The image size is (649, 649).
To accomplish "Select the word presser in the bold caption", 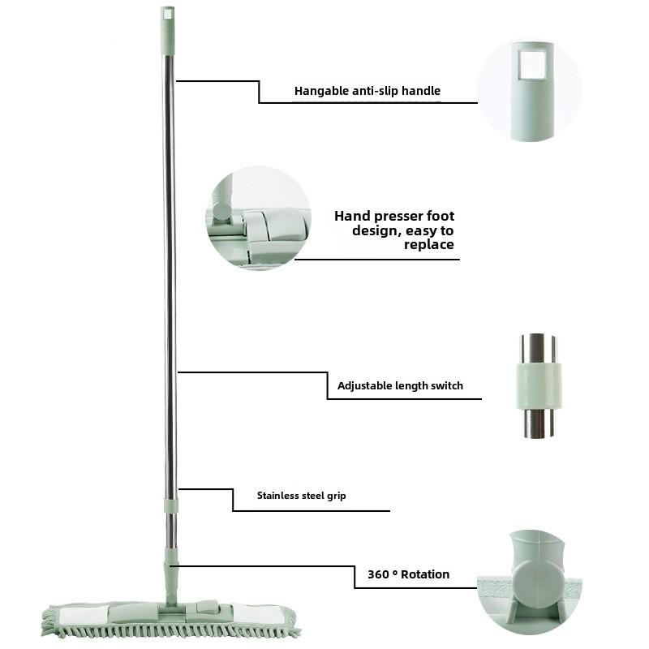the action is point(397,216).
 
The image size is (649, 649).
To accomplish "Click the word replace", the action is point(429,245).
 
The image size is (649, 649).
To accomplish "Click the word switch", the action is point(447,386).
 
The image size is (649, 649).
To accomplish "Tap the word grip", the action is point(337,496).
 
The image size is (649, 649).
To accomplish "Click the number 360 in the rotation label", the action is point(378,574).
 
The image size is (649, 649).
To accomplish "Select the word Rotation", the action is point(425,574).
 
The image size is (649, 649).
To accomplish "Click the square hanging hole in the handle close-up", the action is point(532,64).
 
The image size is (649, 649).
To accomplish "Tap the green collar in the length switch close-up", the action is point(539,387).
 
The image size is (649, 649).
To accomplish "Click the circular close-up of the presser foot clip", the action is point(258,218).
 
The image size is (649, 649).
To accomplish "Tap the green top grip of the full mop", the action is point(167,31).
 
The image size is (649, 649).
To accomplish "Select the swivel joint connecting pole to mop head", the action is point(171,578).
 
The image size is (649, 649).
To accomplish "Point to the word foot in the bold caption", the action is point(441,216).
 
